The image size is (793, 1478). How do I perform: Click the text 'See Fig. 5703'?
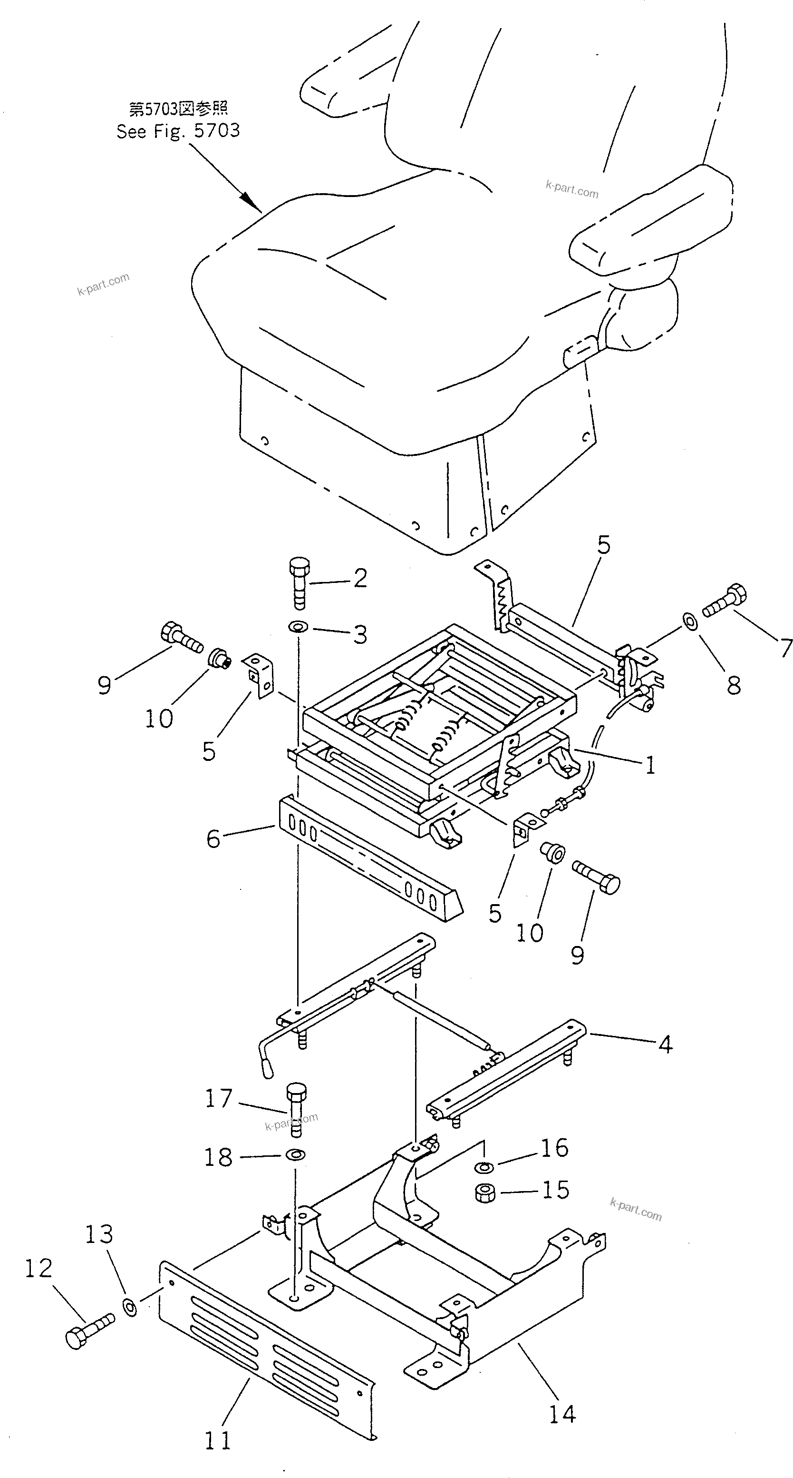point(178,131)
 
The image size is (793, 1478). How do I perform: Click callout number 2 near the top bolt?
point(360,578)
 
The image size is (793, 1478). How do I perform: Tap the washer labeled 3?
point(298,627)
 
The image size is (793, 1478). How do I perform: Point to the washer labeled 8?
point(690,621)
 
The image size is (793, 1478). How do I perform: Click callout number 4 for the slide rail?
point(665,1045)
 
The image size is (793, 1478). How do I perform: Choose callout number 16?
point(554,1147)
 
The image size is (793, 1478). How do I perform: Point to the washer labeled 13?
point(130,1303)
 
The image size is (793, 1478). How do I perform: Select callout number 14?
point(562,1414)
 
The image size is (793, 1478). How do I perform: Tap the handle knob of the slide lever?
point(267,1066)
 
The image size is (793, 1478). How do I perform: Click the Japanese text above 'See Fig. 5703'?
point(178,108)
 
